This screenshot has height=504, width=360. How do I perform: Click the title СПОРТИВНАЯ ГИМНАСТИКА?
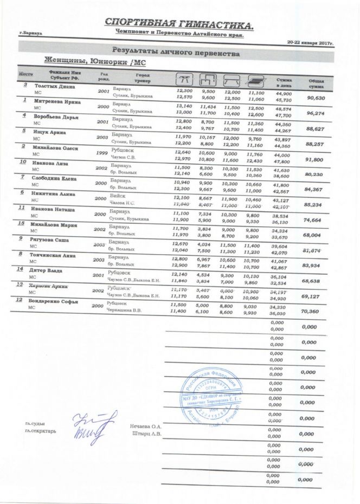coord(178,24)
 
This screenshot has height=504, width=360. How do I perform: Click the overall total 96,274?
coord(317,113)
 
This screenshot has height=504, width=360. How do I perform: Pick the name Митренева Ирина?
coord(57,102)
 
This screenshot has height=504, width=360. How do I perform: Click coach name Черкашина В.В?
coord(124,311)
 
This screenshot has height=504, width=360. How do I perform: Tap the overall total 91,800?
coord(316,160)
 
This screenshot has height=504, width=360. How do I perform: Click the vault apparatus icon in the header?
coord(185,79)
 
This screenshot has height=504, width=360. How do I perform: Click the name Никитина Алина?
coord(57,193)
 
